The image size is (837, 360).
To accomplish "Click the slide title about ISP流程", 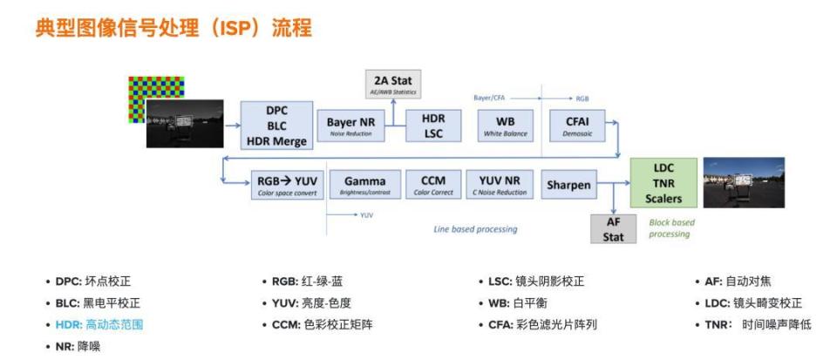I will coord(174,28).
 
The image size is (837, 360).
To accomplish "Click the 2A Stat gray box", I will coord(392,85).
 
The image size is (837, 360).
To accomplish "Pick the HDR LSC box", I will coord(433,125).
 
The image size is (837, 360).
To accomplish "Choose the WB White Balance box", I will coord(505,126).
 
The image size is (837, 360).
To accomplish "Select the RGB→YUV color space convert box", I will coord(287,186).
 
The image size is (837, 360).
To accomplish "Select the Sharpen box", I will coord(568,186).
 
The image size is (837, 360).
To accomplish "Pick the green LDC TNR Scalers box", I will coord(663,183).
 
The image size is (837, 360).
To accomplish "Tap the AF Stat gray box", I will coord(613,229).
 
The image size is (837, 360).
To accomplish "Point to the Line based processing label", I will coord(475,229).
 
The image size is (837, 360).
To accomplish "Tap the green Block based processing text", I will coord(671,228).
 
